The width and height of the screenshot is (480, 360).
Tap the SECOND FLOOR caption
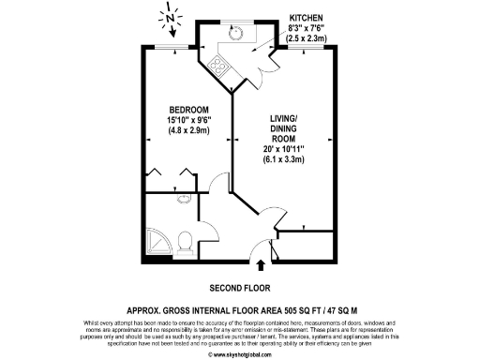pyautogui.click(x=233, y=287)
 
